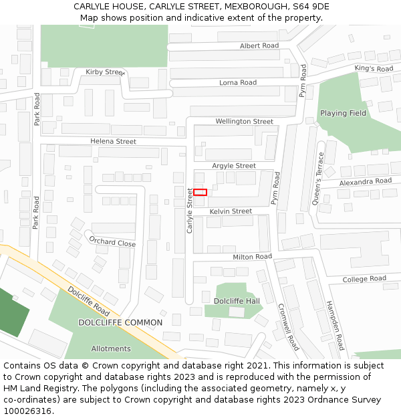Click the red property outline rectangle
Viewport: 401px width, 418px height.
200,193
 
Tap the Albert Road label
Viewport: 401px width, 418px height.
259,45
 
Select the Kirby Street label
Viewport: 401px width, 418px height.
106,72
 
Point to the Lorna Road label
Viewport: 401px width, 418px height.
238,83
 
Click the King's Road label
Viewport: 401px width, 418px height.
374,68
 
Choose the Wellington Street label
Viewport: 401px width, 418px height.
244,122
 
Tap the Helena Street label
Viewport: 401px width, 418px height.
113,142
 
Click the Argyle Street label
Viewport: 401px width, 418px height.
234,166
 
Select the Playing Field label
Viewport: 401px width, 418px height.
343,114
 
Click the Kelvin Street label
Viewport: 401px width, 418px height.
231,211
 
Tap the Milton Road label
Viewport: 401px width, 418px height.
252,257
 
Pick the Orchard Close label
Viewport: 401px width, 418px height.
112,242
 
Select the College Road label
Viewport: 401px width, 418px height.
364,279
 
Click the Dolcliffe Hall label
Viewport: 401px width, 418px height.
237,301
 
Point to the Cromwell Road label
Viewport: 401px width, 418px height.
289,327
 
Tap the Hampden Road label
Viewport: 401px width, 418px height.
335,326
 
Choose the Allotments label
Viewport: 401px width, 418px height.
111,349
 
